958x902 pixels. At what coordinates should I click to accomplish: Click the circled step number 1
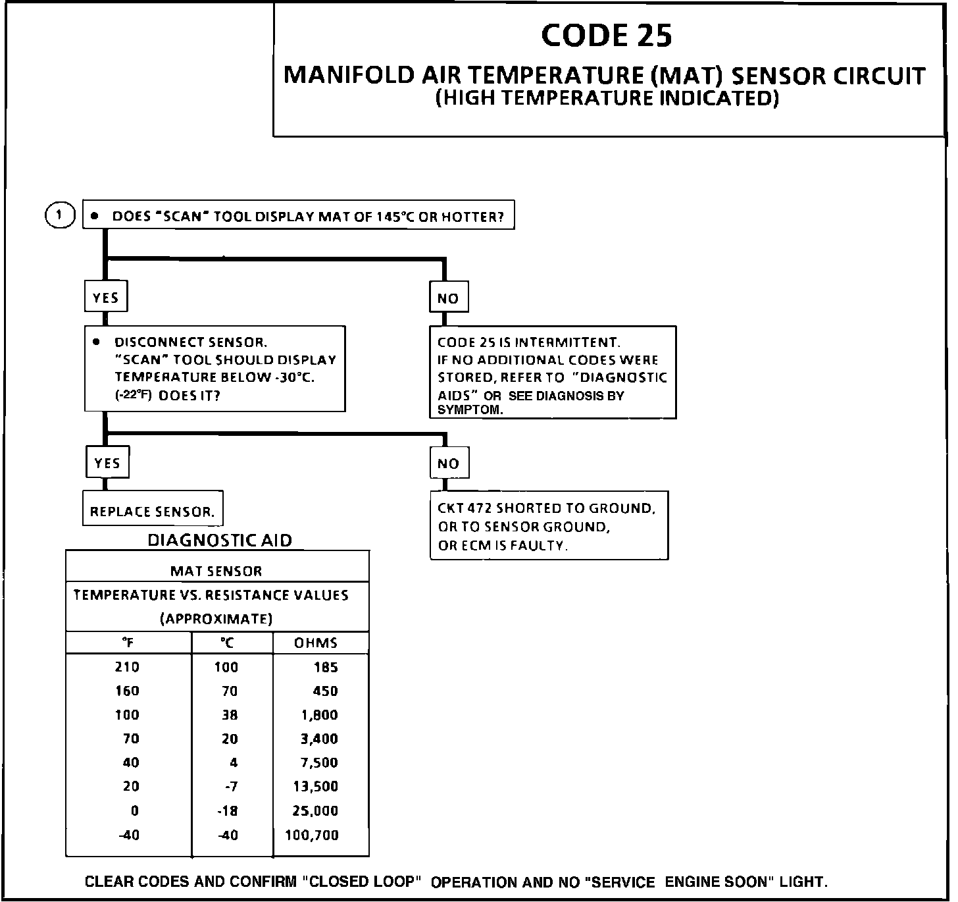pyautogui.click(x=60, y=215)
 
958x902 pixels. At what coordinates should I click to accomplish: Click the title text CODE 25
pyautogui.click(x=606, y=36)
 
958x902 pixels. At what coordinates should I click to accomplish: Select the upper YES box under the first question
pyautogui.click(x=105, y=298)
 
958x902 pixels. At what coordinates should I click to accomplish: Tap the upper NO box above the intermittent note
pyautogui.click(x=448, y=298)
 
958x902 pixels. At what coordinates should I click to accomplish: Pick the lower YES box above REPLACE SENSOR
pyautogui.click(x=107, y=463)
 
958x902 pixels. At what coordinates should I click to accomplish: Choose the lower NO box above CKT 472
pyautogui.click(x=449, y=464)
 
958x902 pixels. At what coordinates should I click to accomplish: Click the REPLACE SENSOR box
pyautogui.click(x=153, y=512)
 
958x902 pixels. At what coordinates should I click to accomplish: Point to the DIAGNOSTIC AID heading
pyautogui.click(x=220, y=541)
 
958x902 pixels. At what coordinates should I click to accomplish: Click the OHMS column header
pyautogui.click(x=316, y=643)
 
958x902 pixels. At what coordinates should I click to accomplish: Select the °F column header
pyautogui.click(x=128, y=643)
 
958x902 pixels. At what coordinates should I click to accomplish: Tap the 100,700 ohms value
pyautogui.click(x=312, y=835)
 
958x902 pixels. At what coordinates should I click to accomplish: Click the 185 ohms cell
pyautogui.click(x=326, y=667)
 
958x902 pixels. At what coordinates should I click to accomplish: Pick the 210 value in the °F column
pyautogui.click(x=127, y=667)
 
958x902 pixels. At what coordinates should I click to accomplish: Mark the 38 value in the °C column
pyautogui.click(x=230, y=715)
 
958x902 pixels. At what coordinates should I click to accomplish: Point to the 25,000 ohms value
pyautogui.click(x=315, y=810)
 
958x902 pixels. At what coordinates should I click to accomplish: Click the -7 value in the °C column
pyautogui.click(x=230, y=786)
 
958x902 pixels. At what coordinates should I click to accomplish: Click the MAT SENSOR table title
pyautogui.click(x=216, y=571)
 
